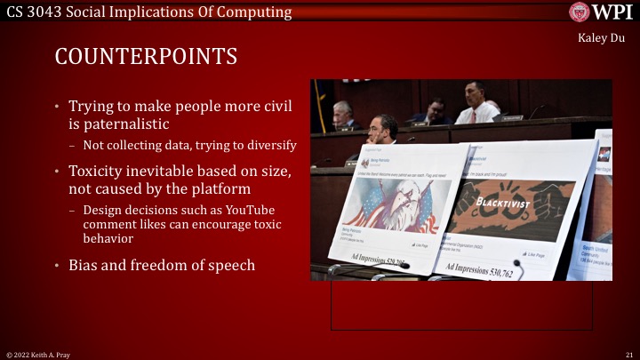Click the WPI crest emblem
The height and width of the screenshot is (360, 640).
[x=580, y=12]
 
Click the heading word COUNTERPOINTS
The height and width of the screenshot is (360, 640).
[x=146, y=57]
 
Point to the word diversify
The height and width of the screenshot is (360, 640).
[x=271, y=145]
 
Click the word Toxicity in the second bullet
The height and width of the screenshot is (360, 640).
[x=101, y=170]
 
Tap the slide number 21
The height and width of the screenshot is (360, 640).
[x=628, y=354]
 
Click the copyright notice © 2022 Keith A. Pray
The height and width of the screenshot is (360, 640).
[x=37, y=354]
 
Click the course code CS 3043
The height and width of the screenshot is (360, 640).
[x=34, y=12]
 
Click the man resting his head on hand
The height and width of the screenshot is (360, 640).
[x=382, y=129]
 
